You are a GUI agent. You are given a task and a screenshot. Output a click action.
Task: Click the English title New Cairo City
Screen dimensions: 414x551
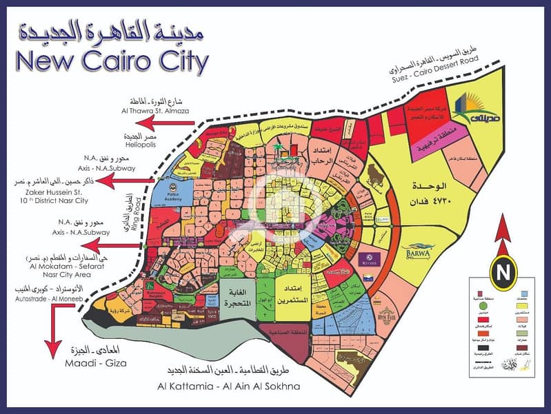110,62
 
